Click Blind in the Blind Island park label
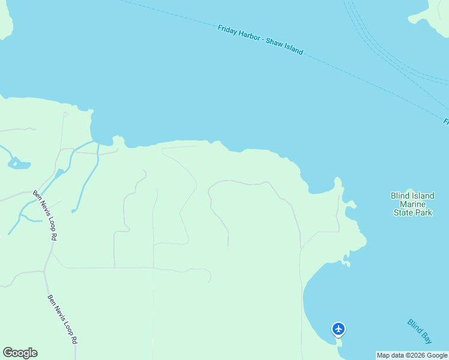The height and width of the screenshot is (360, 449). click(x=400, y=196)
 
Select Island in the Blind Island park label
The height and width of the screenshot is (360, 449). click(x=423, y=196)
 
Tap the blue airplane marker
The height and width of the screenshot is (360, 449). click(x=339, y=329)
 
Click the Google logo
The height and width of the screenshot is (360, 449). click(x=20, y=353)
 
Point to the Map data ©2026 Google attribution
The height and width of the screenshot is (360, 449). click(x=412, y=355)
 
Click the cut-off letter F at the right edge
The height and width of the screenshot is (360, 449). click(x=446, y=122)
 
